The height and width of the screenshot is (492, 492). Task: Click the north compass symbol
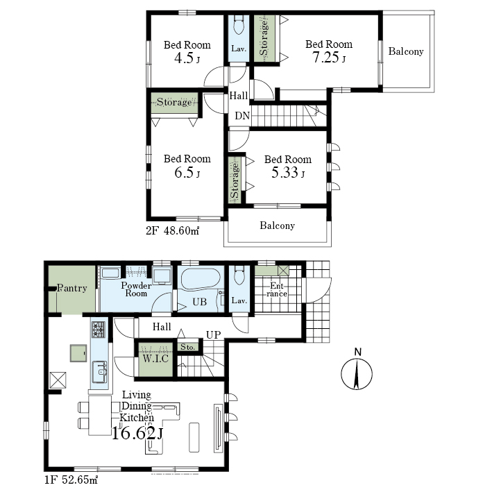coord(357,371)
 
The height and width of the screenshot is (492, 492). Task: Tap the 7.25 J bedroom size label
coord(328,58)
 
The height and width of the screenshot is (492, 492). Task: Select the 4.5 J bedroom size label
coord(187,58)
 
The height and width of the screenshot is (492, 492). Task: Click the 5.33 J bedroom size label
coord(288,172)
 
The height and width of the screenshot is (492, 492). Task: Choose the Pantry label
coord(72,288)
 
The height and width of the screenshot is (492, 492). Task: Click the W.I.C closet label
coord(155,358)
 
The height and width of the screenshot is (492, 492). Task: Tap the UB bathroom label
coord(200,302)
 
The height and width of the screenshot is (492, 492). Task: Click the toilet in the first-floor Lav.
coord(239,275)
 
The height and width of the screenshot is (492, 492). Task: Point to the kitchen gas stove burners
coord(99,330)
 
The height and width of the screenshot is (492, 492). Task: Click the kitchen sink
coord(100,372)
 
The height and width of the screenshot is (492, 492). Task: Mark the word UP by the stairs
coord(213,334)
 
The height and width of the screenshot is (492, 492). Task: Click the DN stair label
coord(242,116)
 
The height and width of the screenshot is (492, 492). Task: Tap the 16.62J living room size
coord(137,434)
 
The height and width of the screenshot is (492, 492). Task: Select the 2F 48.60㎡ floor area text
coord(173,231)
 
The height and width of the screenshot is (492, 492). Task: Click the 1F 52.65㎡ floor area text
coord(71,480)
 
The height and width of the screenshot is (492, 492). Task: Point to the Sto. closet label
coord(187,347)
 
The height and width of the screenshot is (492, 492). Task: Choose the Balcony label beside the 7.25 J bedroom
coord(406,51)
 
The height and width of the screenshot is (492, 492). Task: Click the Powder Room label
coord(136,289)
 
